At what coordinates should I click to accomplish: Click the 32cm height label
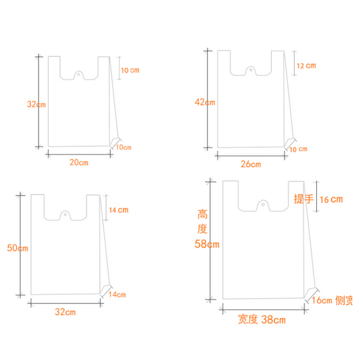coord(36,104)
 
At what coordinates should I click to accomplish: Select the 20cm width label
coord(79,162)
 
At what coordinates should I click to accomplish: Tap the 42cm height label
coord(205,102)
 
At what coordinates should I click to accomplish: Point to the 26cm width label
coord(251,164)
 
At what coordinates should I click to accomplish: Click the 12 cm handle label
coord(306,66)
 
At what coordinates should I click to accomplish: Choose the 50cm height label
coord(18,248)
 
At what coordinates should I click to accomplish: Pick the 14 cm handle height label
coord(118,210)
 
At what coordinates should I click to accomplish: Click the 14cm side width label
coord(117,295)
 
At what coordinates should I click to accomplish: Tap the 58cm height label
coord(207,244)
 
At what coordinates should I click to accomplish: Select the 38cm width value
coord(274,320)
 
